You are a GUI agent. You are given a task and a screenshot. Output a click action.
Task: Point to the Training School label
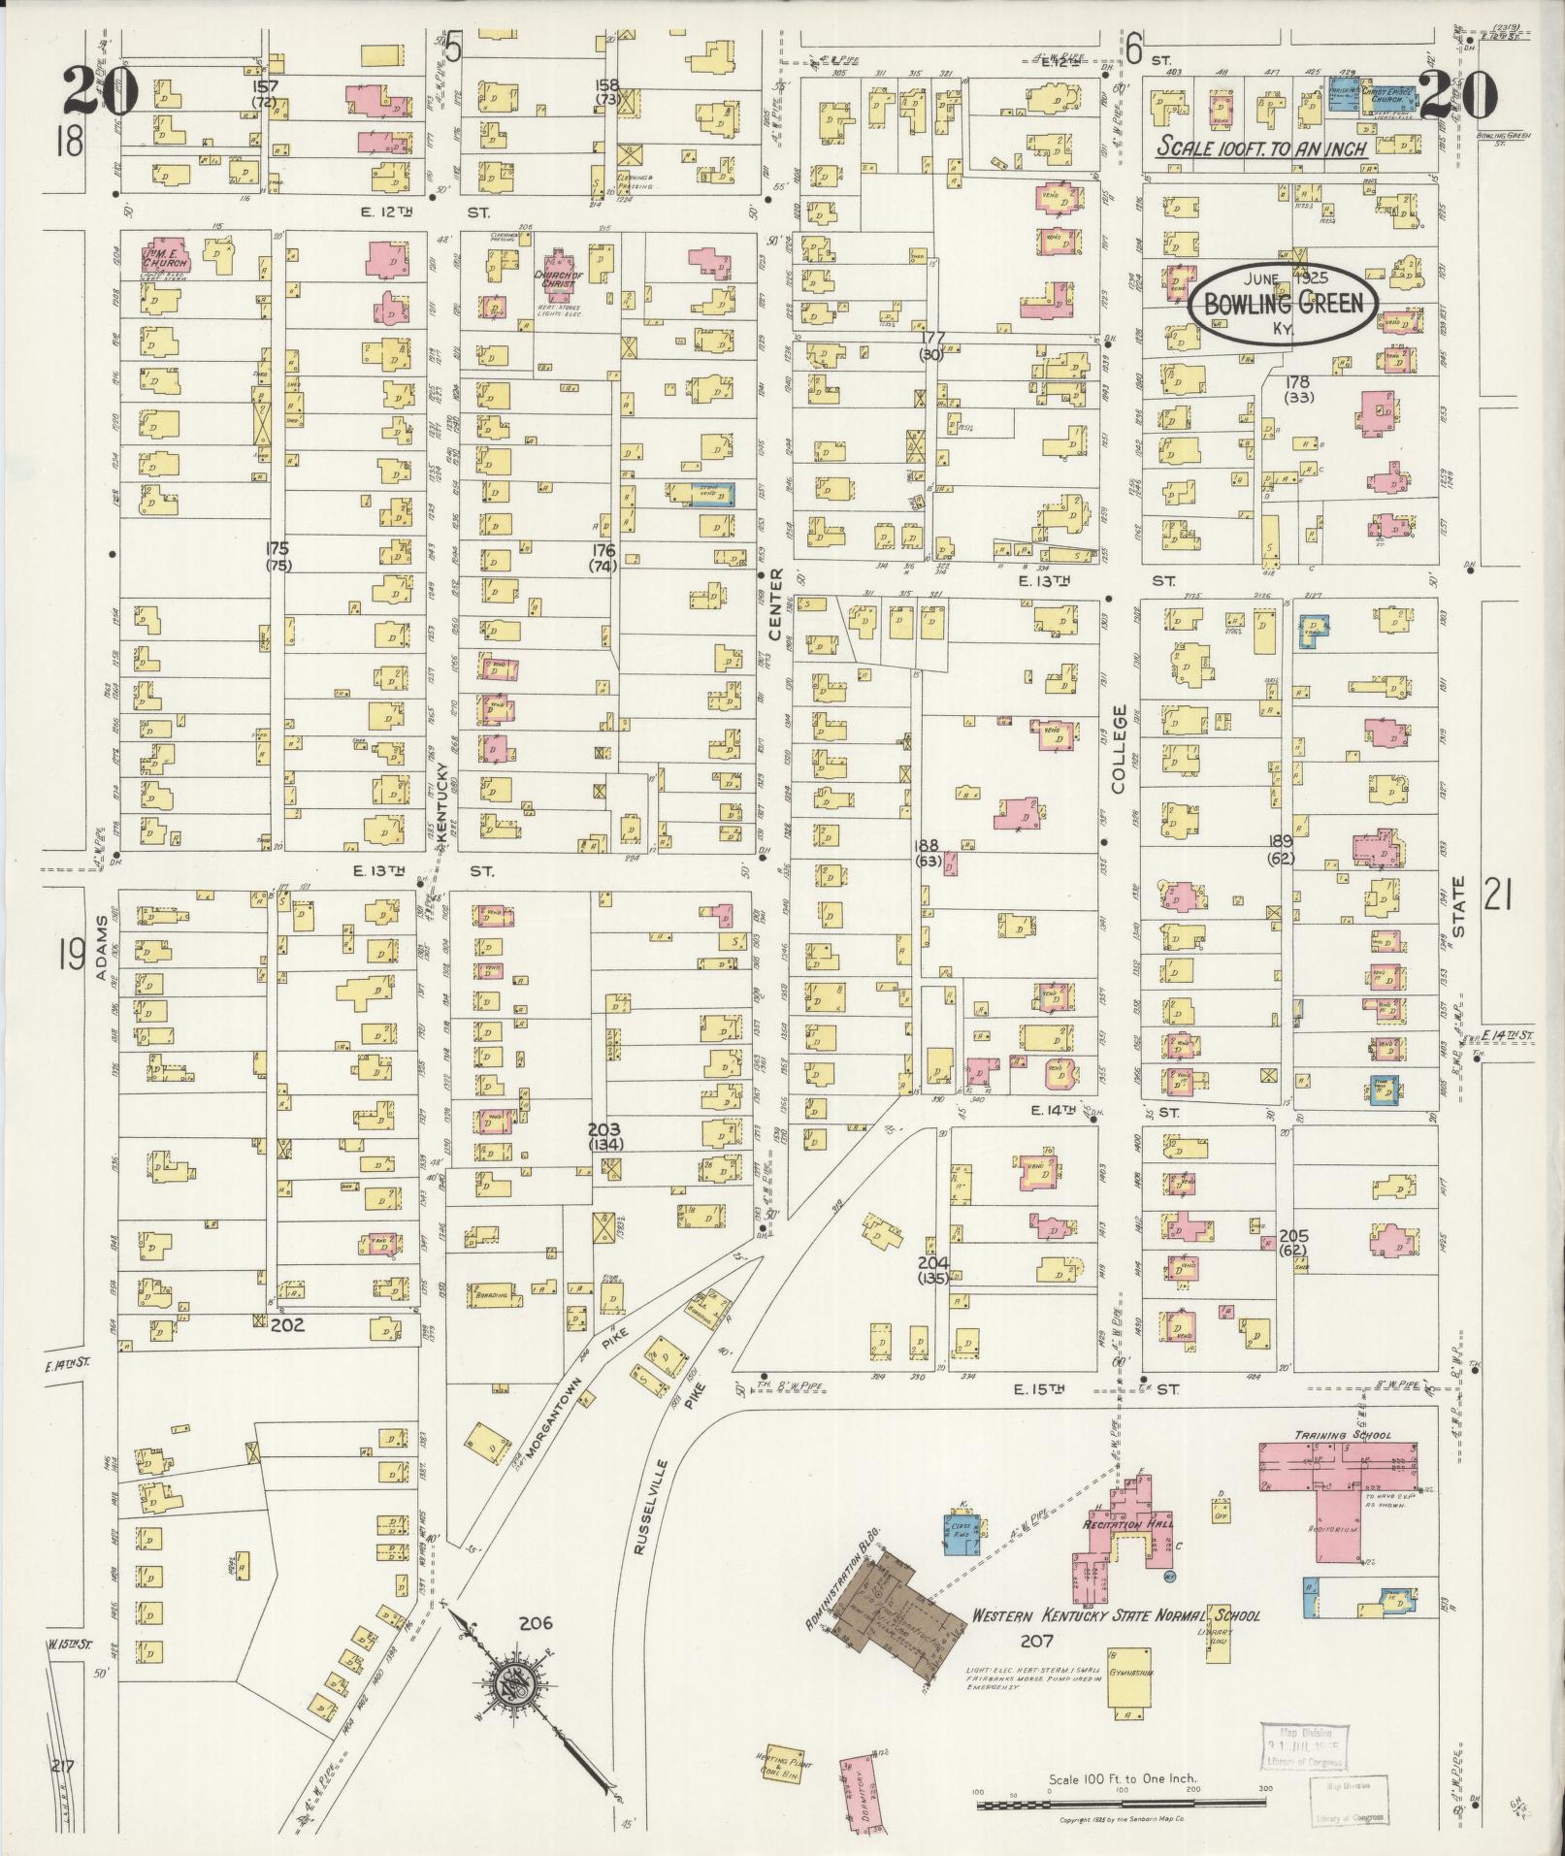click(1343, 1435)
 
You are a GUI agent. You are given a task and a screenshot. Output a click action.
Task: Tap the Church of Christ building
click(556, 273)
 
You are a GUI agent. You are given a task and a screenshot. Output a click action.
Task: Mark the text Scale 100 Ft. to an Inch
click(1262, 147)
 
